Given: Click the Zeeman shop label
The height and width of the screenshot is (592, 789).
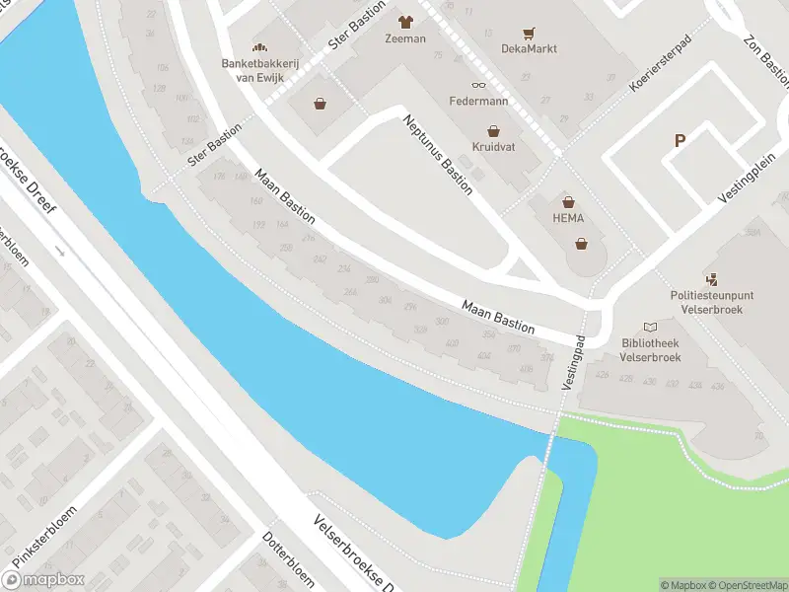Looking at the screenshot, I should [x=405, y=38].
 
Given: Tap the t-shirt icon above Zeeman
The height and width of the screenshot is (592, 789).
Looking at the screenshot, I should [x=405, y=21].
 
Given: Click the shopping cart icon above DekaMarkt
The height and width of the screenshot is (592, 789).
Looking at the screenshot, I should [x=530, y=32].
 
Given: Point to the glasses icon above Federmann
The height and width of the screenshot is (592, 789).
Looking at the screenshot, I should [x=479, y=85].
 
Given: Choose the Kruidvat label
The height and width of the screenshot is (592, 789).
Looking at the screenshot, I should [x=493, y=147].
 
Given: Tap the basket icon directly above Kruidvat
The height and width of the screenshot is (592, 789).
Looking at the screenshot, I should [x=493, y=130].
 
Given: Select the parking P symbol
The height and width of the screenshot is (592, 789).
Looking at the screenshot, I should [x=680, y=141].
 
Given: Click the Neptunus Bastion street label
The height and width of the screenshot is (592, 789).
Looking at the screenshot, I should [x=437, y=155].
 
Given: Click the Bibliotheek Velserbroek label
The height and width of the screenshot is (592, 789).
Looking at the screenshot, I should [x=650, y=350].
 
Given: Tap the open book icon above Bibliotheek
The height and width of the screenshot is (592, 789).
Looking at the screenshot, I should [x=650, y=327].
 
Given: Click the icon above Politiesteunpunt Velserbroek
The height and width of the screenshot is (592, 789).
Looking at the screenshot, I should [x=712, y=279].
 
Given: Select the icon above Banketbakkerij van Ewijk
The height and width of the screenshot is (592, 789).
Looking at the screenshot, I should [x=260, y=47].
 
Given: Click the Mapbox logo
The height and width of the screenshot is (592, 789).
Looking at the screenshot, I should [x=44, y=580].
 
